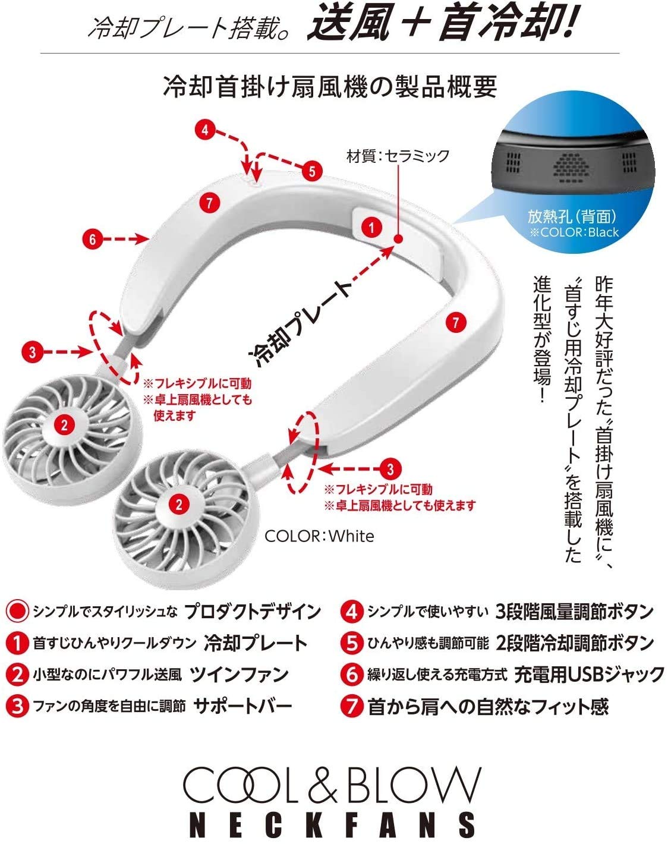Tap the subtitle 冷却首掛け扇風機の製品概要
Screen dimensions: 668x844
[330, 87]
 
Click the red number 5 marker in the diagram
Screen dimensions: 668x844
[311, 172]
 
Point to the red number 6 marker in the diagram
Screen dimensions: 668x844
[92, 240]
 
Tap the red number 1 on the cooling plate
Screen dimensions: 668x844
[372, 227]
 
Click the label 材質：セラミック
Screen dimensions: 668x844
[398, 156]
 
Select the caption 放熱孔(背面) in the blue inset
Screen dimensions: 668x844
[571, 217]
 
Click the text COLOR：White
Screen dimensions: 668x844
[319, 536]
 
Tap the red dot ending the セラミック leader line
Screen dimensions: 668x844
[398, 239]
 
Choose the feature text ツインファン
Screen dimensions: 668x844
[239, 674]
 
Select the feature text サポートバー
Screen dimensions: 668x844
[242, 706]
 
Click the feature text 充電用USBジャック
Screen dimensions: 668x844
[589, 674]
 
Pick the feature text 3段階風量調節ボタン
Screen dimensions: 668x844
[574, 610]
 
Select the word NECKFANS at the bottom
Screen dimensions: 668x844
[333, 824]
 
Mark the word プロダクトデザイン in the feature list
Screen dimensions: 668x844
[253, 610]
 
